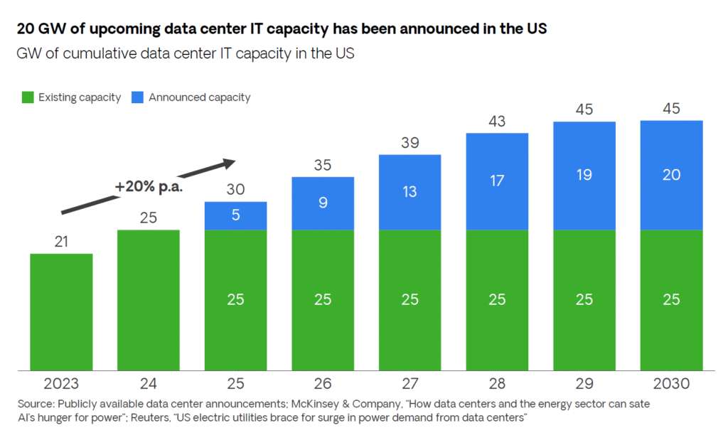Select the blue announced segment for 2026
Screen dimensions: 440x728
point(323,203)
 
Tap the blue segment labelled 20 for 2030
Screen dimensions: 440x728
point(671,175)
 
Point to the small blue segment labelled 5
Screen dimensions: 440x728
point(235,215)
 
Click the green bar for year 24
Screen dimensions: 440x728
point(148,300)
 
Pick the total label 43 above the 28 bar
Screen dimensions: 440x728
point(497,122)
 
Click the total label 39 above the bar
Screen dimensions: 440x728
point(410,144)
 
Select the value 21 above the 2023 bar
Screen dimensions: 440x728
point(61,242)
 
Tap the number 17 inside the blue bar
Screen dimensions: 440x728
point(497,181)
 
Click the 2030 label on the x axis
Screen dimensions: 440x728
point(671,384)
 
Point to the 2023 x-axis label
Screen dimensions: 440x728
point(61,384)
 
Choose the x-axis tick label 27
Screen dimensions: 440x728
point(410,384)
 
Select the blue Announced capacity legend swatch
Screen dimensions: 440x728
point(138,97)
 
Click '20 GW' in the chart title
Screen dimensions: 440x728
point(40,31)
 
